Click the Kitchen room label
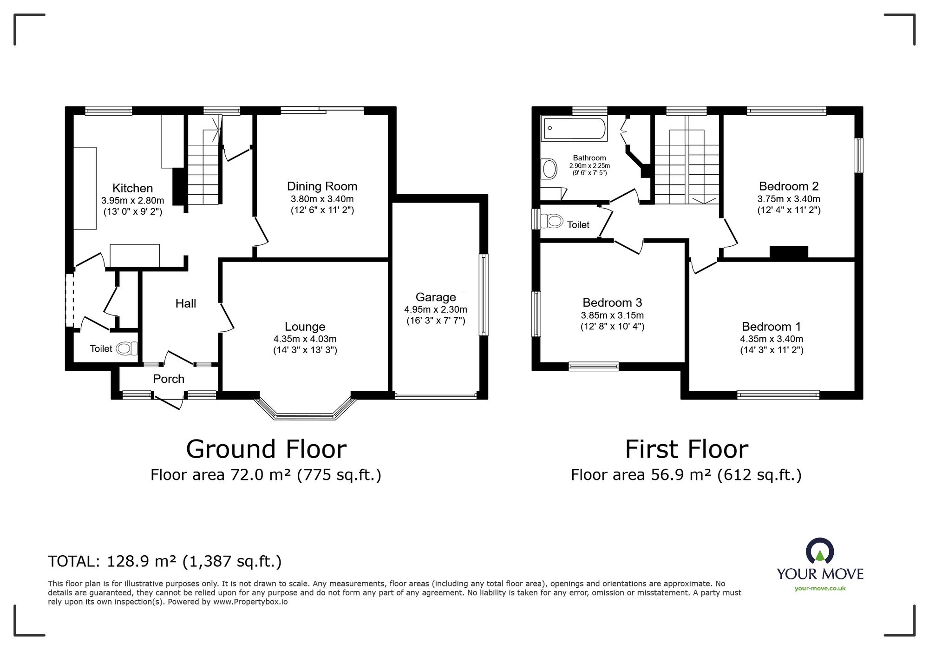click(x=132, y=188)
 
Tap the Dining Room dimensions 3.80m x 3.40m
click(x=322, y=199)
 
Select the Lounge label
click(x=305, y=327)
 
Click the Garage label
click(x=435, y=297)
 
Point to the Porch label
click(x=169, y=379)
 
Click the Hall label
click(x=185, y=303)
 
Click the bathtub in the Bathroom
click(x=575, y=128)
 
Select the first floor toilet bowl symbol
click(x=554, y=221)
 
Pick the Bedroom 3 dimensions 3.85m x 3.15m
click(x=612, y=315)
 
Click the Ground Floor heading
click(x=266, y=449)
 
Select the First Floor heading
click(x=686, y=449)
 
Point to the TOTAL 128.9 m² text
click(x=165, y=561)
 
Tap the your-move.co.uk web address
click(x=820, y=588)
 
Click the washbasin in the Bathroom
click(x=550, y=169)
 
